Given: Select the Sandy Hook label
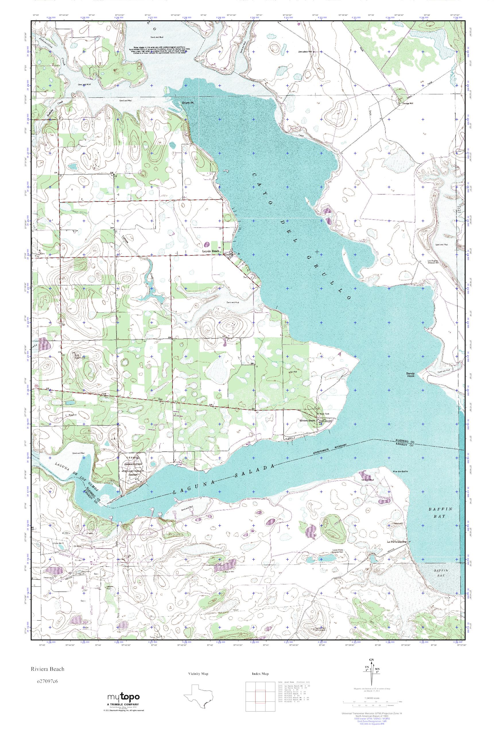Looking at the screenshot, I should click(410, 375).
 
